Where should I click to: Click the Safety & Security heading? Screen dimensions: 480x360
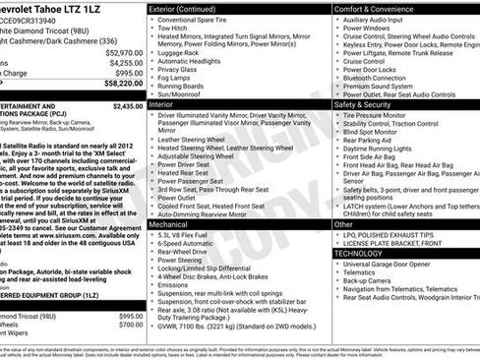369,103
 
